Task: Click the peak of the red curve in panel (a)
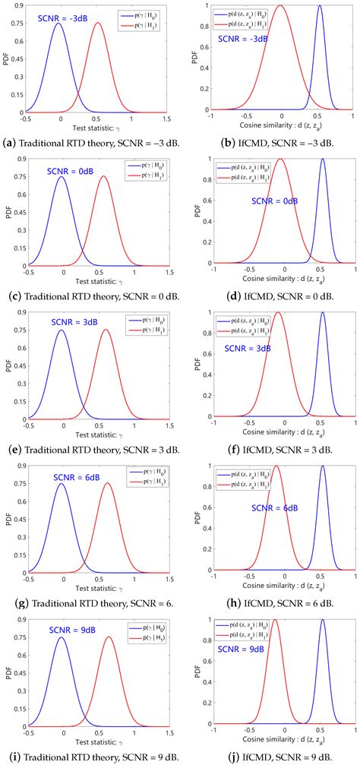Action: (98, 23)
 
